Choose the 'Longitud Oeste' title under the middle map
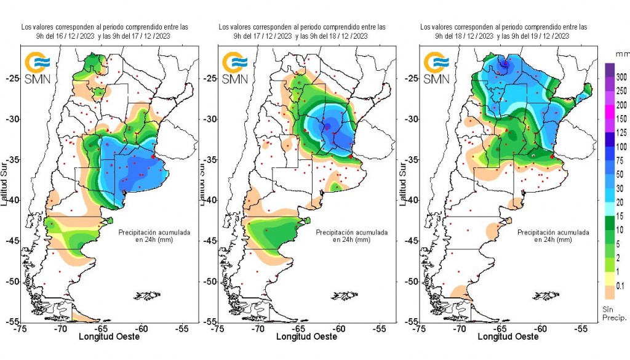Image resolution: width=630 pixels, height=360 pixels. point(306,337)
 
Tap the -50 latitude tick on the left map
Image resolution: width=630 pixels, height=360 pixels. point(12,281)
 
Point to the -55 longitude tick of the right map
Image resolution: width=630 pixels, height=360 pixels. point(581,329)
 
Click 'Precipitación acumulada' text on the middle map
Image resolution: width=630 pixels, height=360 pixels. point(351,233)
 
